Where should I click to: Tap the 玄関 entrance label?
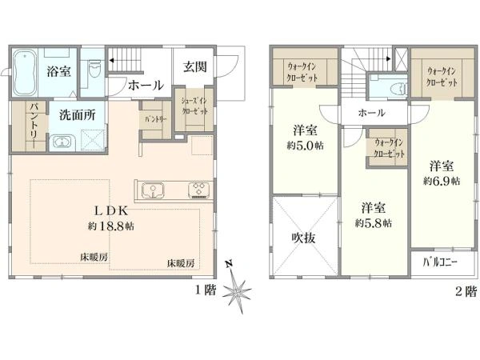coord(194,67)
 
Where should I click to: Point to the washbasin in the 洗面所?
coord(62,142)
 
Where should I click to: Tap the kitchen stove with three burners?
coord(198,190)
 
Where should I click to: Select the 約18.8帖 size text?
coord(112,226)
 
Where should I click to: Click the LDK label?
coord(111,210)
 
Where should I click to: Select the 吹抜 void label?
coord(297,238)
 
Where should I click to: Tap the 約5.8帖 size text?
coord(373,223)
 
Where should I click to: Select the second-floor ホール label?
coord(373,113)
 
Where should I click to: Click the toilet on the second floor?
coord(382,90)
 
